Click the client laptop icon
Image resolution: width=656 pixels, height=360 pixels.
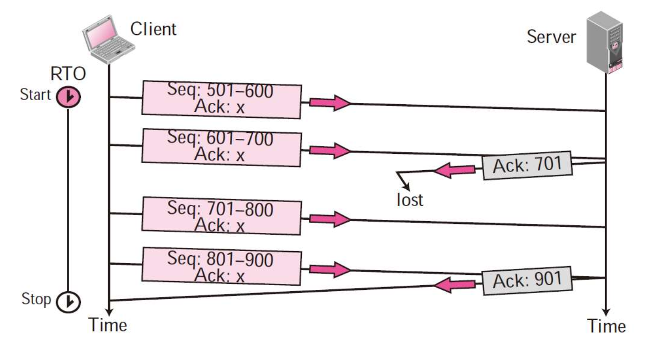(108, 40)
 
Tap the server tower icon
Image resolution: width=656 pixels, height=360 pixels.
(605, 43)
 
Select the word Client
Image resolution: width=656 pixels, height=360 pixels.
(153, 29)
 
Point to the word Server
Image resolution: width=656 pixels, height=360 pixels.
(551, 37)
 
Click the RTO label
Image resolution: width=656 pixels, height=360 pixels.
(68, 73)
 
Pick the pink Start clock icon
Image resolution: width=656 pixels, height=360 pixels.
(68, 96)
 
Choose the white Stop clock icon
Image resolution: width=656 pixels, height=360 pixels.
(68, 302)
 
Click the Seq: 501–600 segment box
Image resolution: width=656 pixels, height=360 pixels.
(221, 100)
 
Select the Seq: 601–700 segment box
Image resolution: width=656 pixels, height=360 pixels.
(221, 148)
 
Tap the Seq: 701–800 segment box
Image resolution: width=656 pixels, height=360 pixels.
(221, 216)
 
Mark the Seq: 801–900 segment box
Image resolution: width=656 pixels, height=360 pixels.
(221, 266)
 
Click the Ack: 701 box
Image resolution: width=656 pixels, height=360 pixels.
(528, 165)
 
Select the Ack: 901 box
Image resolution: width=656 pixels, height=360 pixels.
(528, 281)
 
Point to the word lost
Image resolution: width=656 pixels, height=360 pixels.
(410, 200)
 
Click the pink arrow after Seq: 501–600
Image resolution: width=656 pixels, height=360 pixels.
(330, 103)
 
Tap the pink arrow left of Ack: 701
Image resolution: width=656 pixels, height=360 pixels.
(454, 170)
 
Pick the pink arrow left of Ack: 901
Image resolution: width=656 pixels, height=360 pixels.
(454, 285)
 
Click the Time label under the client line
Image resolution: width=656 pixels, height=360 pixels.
(108, 325)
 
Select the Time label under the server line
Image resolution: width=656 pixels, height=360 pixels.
(606, 326)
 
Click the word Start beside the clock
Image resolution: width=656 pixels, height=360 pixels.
(35, 94)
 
